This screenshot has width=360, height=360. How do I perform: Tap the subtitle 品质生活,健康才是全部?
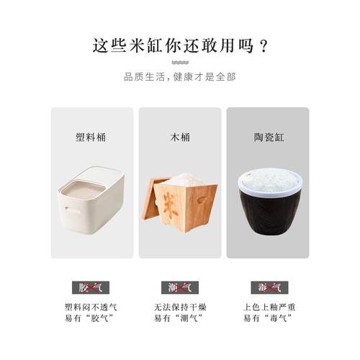[x=179, y=77]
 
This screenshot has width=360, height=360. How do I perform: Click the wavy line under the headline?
[x=179, y=63]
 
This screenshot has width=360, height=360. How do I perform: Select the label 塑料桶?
[x=91, y=136]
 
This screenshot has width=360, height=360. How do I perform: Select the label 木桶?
[x=179, y=136]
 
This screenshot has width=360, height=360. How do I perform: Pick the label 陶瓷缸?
[x=267, y=136]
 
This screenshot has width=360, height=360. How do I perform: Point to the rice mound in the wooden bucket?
[x=183, y=180]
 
